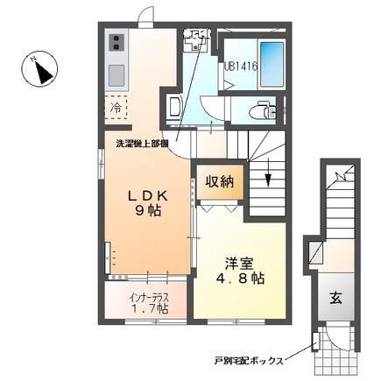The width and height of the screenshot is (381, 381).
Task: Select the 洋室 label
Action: pyautogui.click(x=234, y=261)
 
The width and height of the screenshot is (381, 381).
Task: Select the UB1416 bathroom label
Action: pyautogui.click(x=239, y=65)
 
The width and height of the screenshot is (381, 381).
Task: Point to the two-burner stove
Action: pyautogui.click(x=116, y=43)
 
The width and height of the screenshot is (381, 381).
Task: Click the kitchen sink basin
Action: pyautogui.click(x=116, y=74)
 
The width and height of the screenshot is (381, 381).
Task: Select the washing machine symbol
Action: pyautogui.click(x=196, y=40)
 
